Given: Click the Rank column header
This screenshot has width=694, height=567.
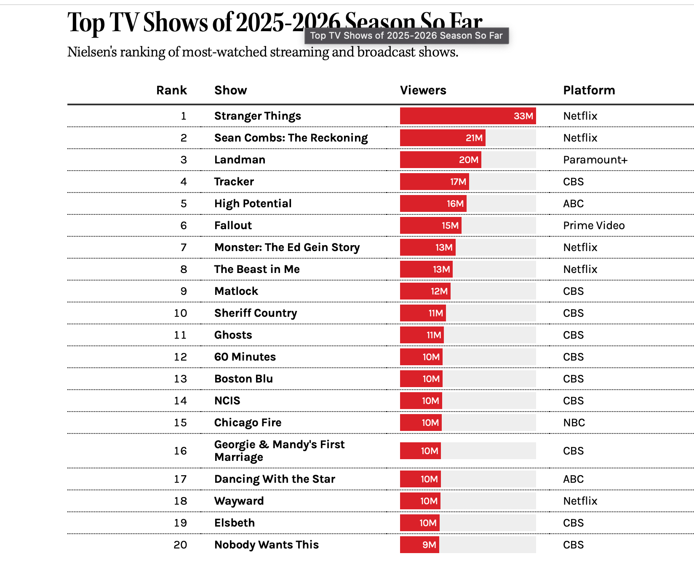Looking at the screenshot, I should (x=171, y=90).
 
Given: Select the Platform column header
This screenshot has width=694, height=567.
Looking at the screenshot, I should (x=589, y=90).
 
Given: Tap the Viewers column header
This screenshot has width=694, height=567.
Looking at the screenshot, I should (x=423, y=90).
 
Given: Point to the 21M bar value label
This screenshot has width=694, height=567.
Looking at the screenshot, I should (x=474, y=138).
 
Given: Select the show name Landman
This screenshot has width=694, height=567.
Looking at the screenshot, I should (x=240, y=160).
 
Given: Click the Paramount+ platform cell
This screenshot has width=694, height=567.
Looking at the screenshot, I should (x=595, y=160).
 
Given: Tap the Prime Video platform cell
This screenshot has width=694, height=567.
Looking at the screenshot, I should (x=594, y=225).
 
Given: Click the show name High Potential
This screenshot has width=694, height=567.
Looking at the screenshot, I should (x=253, y=203).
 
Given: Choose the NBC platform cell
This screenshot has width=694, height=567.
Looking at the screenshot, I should (x=574, y=423).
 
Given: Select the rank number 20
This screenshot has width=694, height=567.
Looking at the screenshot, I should (x=180, y=545).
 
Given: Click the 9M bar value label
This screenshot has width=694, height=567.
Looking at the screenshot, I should (x=429, y=545).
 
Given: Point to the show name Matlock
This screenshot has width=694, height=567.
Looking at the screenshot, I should (x=236, y=291).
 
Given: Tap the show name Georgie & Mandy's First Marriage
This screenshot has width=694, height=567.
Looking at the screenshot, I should (x=279, y=451).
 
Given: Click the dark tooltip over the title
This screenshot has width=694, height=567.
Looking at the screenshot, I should (x=406, y=36).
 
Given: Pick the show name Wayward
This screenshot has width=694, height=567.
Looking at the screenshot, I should (x=239, y=501).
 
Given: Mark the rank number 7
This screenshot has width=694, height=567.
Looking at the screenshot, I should (x=184, y=247).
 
